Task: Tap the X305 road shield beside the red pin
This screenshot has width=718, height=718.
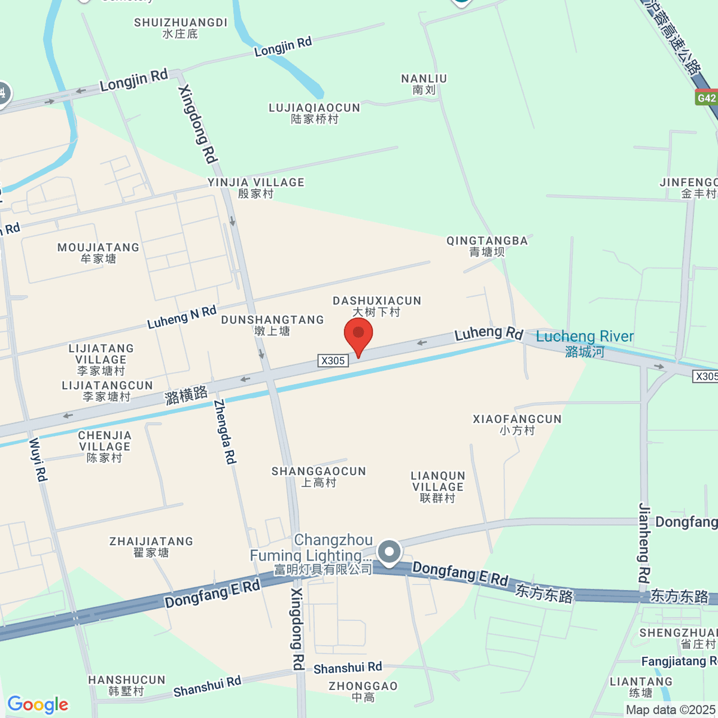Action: pyautogui.click(x=333, y=360)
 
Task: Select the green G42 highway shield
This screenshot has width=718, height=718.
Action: pyautogui.click(x=706, y=98)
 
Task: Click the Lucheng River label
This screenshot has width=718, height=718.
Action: pyautogui.click(x=585, y=343)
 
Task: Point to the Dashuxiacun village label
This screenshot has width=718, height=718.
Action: pyautogui.click(x=377, y=306)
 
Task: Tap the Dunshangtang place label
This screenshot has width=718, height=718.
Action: pyautogui.click(x=272, y=325)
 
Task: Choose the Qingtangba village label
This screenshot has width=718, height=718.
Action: pyautogui.click(x=487, y=247)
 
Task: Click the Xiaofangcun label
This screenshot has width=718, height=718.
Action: pyautogui.click(x=517, y=425)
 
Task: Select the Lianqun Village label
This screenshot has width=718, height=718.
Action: pyautogui.click(x=438, y=487)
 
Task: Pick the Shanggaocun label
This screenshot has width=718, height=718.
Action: pyautogui.click(x=318, y=477)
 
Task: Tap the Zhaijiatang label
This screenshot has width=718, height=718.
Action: pyautogui.click(x=151, y=547)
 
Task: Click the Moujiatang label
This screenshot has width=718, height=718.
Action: pyautogui.click(x=98, y=253)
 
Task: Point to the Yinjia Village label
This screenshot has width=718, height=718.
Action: pyautogui.click(x=256, y=188)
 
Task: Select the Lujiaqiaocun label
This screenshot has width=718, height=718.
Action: pyautogui.click(x=315, y=113)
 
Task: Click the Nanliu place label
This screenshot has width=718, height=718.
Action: pyautogui.click(x=424, y=84)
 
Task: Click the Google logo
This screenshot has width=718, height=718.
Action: pyautogui.click(x=38, y=705)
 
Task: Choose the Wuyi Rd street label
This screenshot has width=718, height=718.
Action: pyautogui.click(x=38, y=460)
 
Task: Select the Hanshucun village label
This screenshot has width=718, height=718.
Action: pyautogui.click(x=127, y=686)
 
